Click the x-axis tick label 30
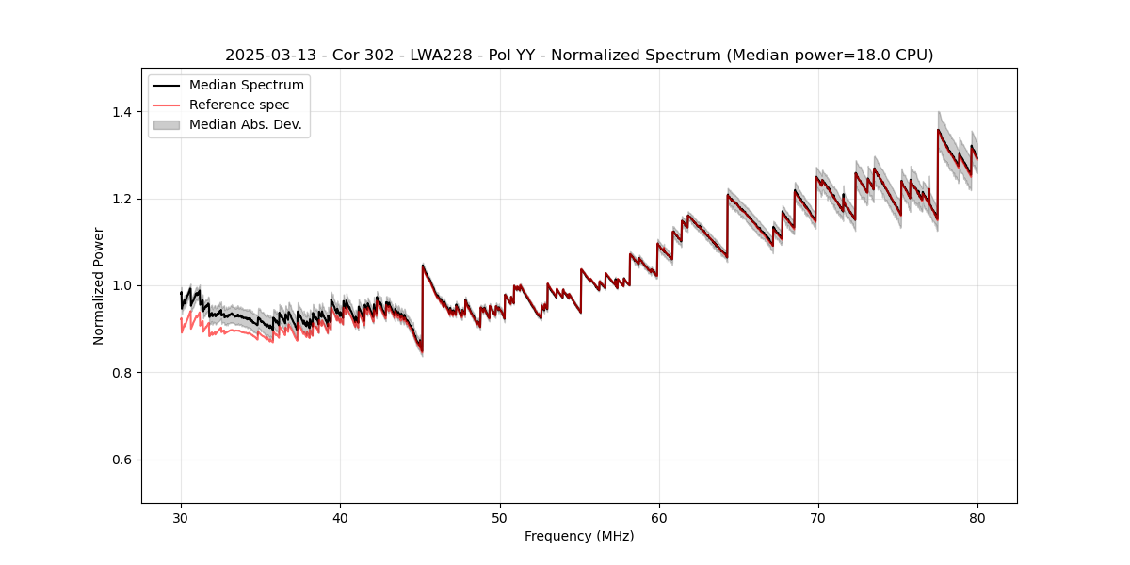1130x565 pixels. (181, 518)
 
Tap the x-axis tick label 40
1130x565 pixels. (340, 518)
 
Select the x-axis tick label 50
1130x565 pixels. (500, 518)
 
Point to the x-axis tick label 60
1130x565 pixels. (659, 518)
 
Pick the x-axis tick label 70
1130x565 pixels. (818, 518)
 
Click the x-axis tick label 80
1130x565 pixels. (977, 518)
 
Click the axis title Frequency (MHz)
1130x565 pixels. (579, 536)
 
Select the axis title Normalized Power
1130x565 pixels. (98, 285)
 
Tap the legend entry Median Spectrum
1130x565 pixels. (246, 86)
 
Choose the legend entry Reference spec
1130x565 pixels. (239, 105)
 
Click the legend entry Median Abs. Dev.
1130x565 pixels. (245, 124)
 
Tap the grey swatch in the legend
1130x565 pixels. (166, 124)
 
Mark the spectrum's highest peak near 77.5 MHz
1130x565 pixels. (938, 130)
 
